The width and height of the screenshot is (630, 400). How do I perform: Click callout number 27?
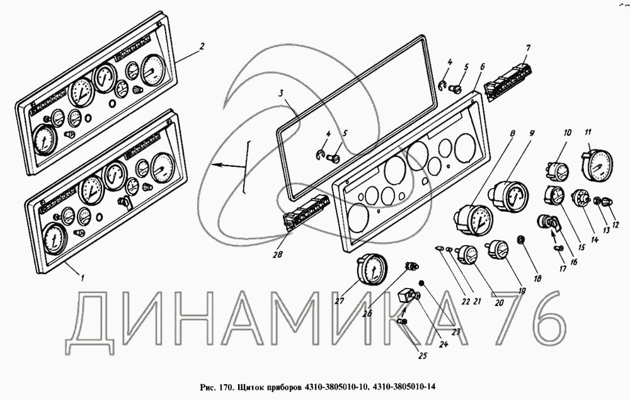[x=340, y=300]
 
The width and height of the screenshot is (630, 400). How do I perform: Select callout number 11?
[x=588, y=133]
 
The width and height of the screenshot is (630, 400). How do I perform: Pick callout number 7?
[x=529, y=48]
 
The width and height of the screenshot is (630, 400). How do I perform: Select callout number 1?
[x=77, y=275]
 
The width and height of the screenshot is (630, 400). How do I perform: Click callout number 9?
[x=532, y=133]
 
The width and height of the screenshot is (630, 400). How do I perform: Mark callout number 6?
[x=482, y=66]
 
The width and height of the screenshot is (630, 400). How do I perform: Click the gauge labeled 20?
[x=469, y=256]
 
